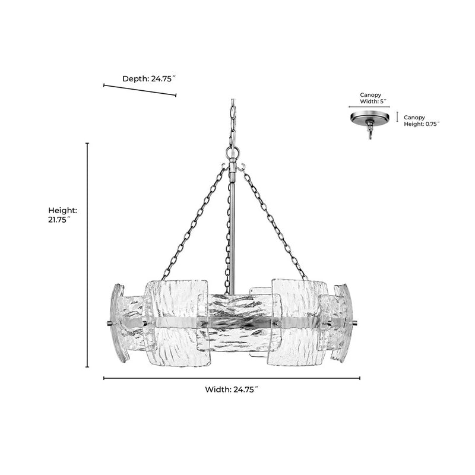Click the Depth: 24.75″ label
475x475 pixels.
[149, 79]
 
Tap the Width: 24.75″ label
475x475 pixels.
[232, 389]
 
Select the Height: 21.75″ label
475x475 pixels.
[62, 215]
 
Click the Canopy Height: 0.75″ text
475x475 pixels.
[422, 121]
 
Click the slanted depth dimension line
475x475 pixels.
[140, 90]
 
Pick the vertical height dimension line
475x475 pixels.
[87, 255]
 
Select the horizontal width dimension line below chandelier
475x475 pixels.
[232, 378]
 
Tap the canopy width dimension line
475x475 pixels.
[369, 107]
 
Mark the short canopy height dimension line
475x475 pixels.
[397, 116]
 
